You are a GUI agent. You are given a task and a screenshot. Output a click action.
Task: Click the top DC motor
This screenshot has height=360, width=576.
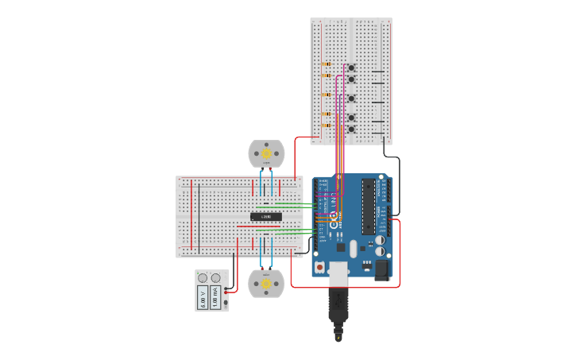[x=266, y=153]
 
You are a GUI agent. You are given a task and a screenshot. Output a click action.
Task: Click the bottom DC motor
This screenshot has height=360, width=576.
[x=266, y=283]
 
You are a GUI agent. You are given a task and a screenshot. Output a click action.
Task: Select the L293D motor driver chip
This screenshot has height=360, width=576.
[x=266, y=216]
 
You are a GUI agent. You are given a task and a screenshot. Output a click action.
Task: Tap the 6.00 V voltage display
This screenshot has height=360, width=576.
[x=203, y=297]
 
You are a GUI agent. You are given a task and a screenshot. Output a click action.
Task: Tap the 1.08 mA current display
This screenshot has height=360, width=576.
[x=215, y=297]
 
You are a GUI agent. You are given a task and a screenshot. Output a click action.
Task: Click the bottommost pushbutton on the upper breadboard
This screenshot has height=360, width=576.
[x=350, y=129]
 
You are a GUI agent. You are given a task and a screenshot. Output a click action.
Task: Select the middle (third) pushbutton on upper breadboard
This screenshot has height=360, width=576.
[x=350, y=99]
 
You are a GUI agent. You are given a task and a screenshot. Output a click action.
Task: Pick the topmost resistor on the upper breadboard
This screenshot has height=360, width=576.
[x=326, y=64]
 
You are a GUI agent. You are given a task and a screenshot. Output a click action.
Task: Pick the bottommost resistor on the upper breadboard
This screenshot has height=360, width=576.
[x=326, y=124]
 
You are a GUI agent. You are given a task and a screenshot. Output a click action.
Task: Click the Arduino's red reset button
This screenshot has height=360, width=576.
[x=320, y=268]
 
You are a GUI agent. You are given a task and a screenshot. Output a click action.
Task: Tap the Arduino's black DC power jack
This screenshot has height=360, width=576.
[x=382, y=270]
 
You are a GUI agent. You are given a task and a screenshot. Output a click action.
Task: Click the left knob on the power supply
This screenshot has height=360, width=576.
[x=203, y=277]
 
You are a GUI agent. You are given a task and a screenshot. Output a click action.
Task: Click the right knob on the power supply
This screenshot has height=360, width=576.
[x=215, y=277]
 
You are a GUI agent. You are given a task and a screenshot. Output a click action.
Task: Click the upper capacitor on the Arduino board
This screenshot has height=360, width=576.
[x=381, y=238]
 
